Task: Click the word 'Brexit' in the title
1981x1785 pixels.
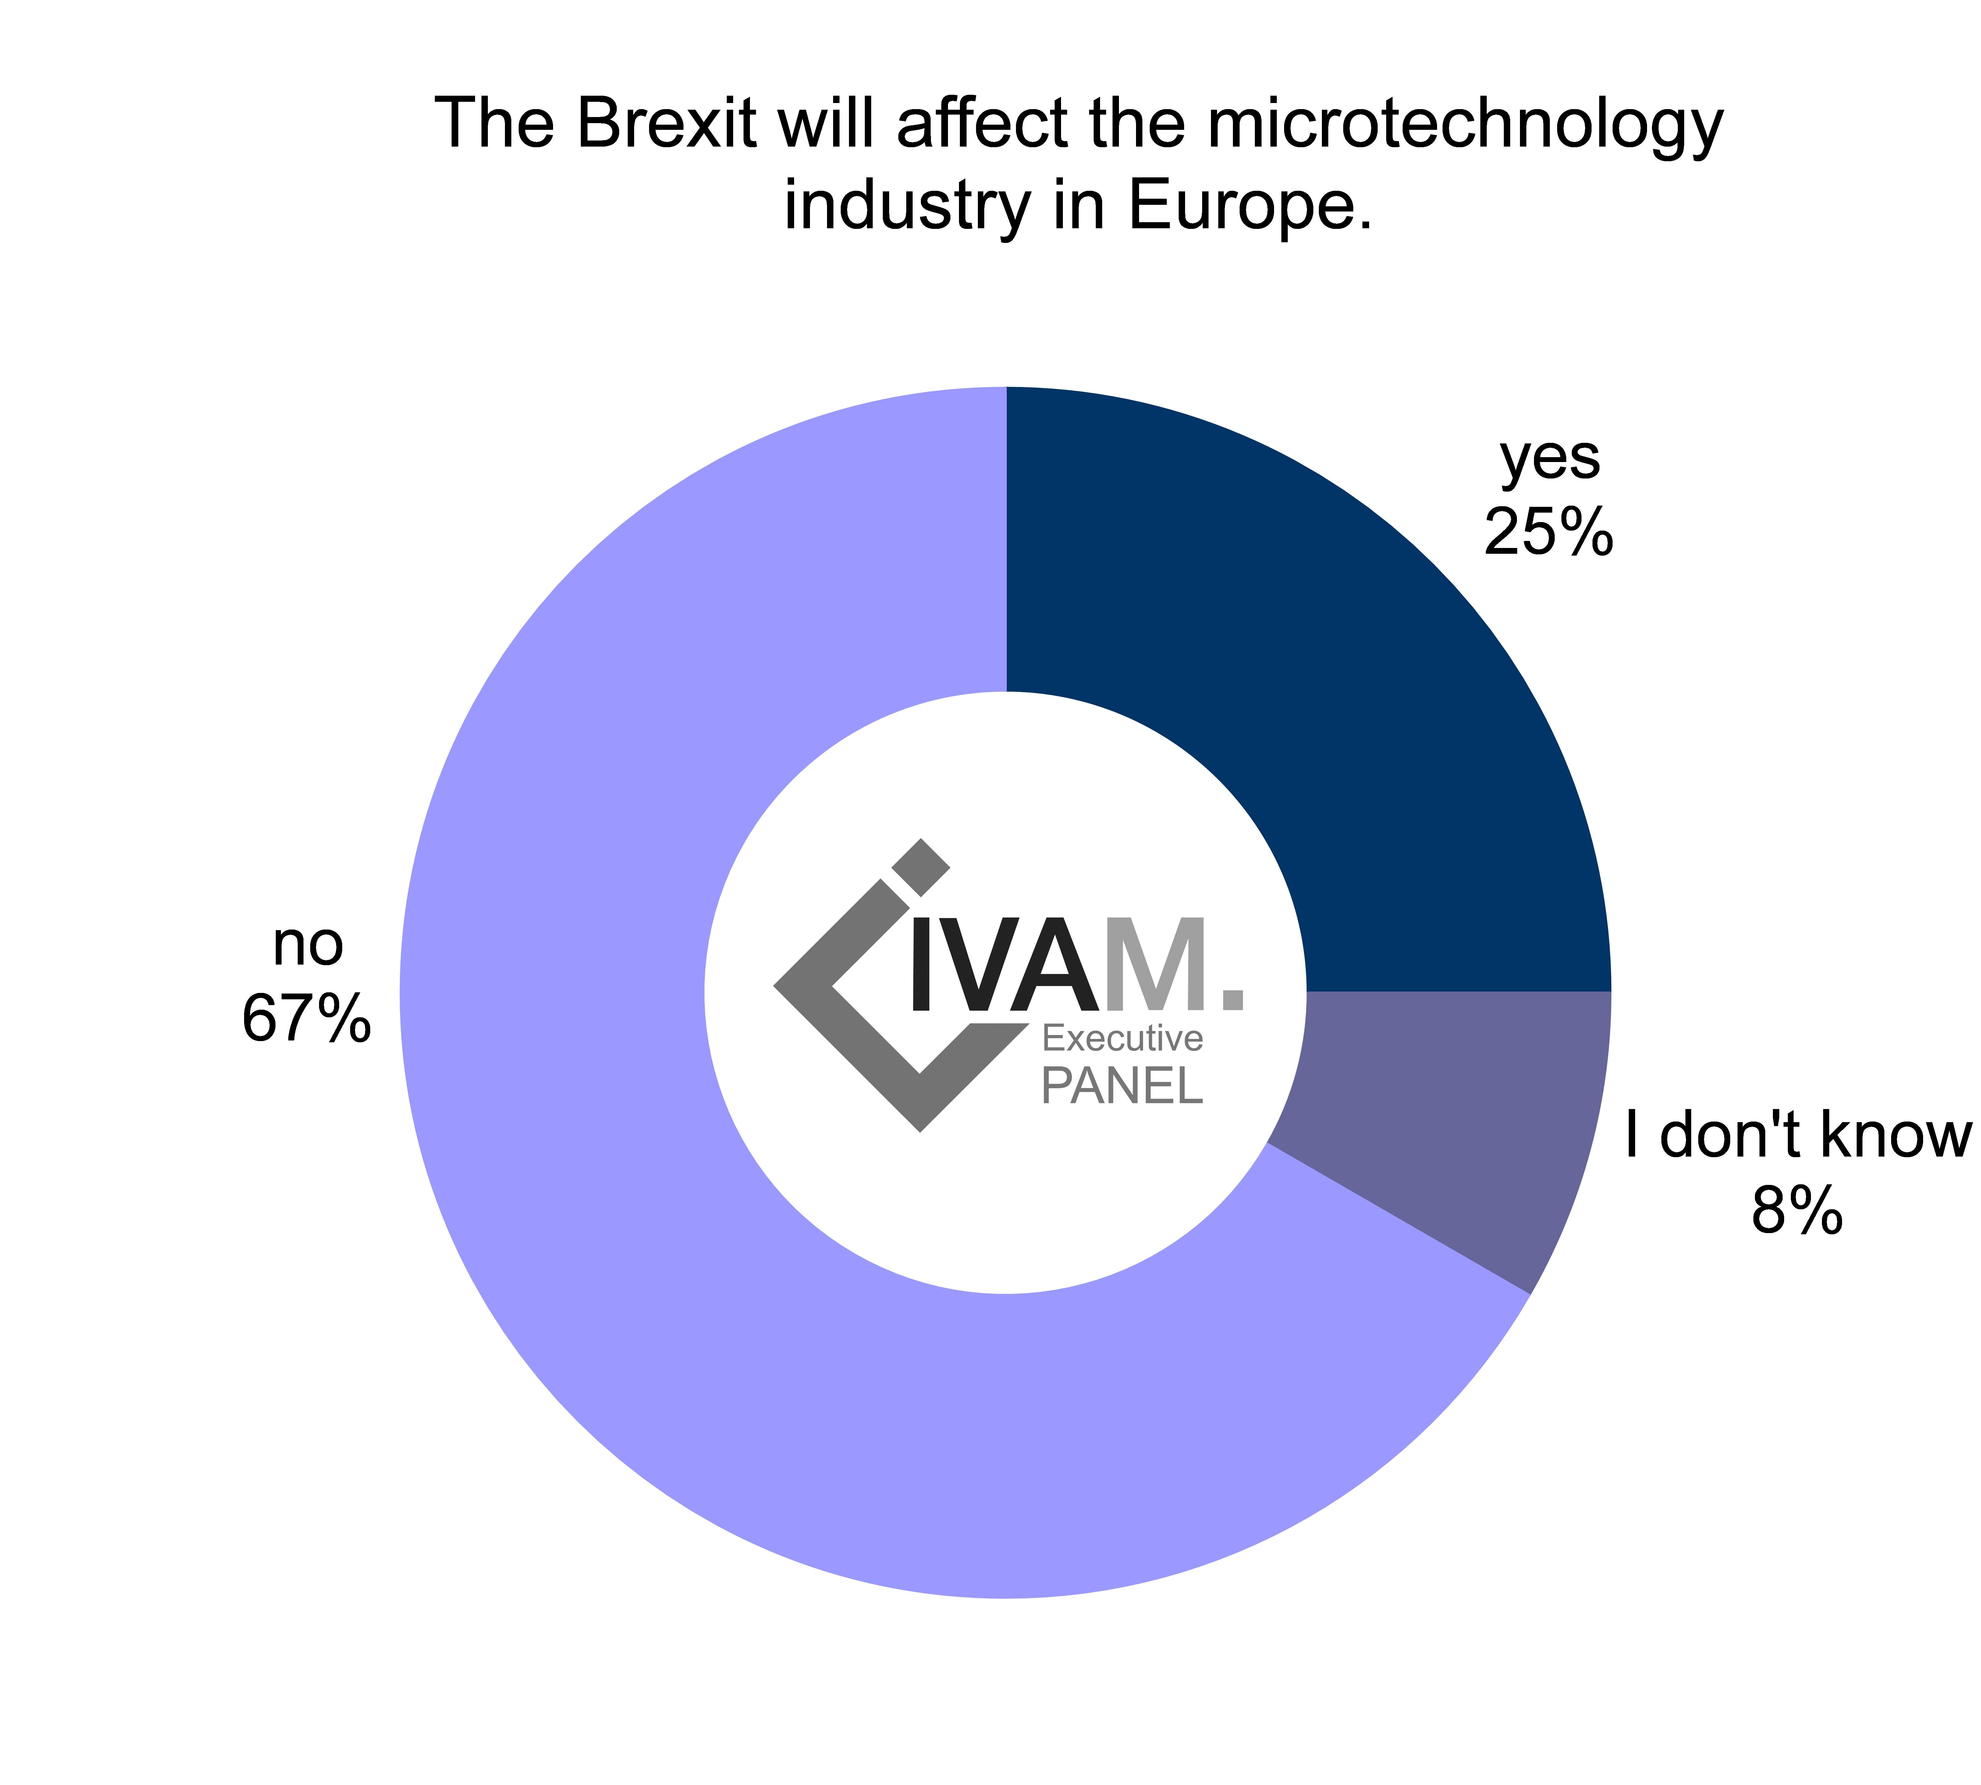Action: coord(667,125)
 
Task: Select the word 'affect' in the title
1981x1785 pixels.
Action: coord(981,125)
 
